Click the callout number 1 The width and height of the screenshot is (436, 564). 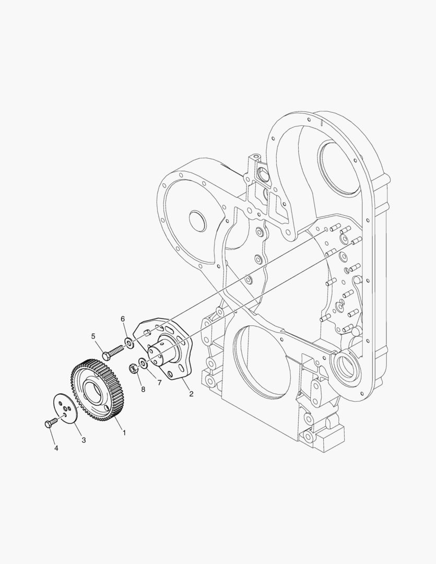[x=124, y=432]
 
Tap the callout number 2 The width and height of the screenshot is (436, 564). [x=191, y=394]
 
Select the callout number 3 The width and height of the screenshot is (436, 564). [x=83, y=440]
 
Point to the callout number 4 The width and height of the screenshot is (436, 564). [x=56, y=448]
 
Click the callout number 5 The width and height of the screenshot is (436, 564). [x=93, y=336]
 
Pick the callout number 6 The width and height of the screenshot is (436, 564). [x=123, y=319]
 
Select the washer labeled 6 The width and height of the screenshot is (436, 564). [x=127, y=343]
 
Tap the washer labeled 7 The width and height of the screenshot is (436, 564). [x=143, y=362]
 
